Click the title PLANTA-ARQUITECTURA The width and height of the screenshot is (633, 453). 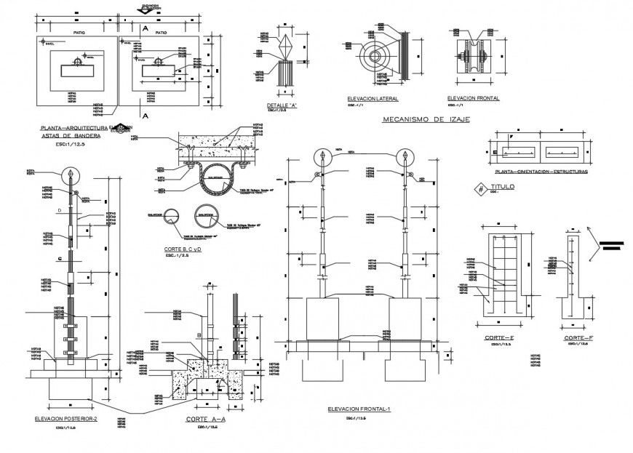[x=73, y=127]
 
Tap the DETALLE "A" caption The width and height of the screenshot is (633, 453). [x=282, y=106]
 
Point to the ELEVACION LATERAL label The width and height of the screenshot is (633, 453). [x=372, y=98]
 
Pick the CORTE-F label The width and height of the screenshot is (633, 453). [x=576, y=339]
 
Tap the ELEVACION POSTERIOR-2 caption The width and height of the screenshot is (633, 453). [x=65, y=420]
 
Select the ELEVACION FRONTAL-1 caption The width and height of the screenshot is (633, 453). [x=359, y=409]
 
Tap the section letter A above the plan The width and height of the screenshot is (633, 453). [x=145, y=28]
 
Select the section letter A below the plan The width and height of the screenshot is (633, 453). [x=145, y=116]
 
